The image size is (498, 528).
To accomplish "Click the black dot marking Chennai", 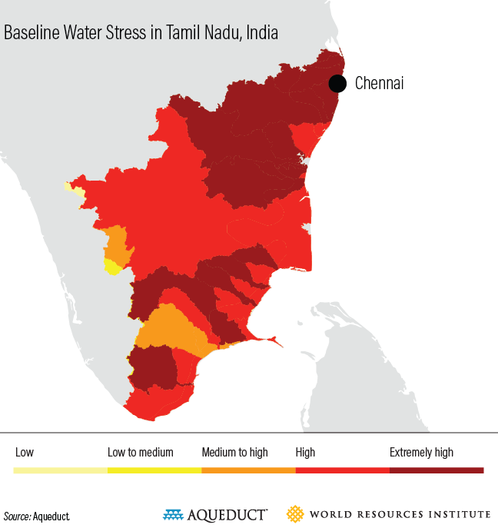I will click(337, 84).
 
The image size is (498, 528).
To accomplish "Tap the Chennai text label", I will click(379, 84).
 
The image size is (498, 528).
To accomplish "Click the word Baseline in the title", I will click(31, 33).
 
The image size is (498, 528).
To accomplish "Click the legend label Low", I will click(24, 452).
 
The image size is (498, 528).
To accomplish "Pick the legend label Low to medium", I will click(140, 452).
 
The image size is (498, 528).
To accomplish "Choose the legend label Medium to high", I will click(234, 452).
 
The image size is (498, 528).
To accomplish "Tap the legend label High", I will click(305, 452).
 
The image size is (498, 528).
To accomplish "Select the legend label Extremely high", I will click(421, 452).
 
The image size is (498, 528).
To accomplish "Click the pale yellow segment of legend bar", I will click(61, 470).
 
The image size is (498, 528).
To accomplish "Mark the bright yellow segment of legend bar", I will click(154, 470).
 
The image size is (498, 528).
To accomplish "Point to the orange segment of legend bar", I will click(248, 470).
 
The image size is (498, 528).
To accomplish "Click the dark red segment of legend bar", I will click(437, 470).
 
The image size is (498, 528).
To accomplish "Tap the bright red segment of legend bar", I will click(343, 470).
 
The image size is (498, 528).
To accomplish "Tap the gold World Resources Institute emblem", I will click(294, 513).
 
